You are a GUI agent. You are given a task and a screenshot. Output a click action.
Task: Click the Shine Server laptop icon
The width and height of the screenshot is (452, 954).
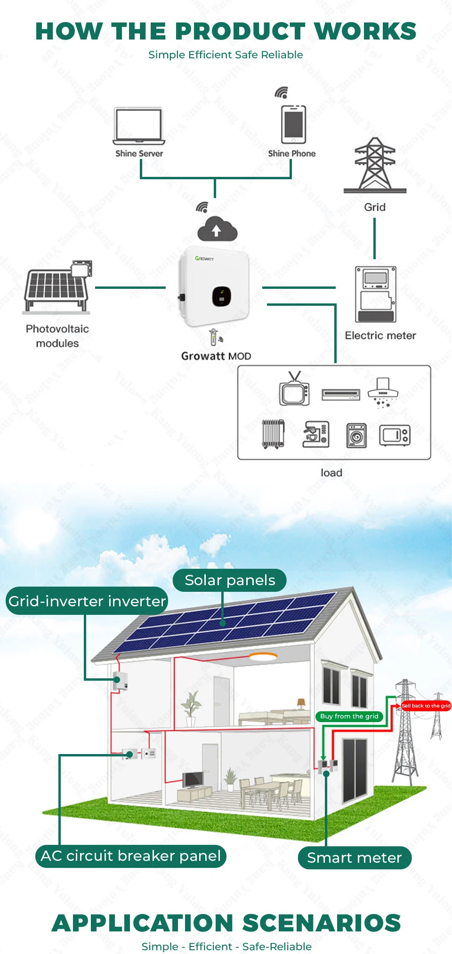point(139,126)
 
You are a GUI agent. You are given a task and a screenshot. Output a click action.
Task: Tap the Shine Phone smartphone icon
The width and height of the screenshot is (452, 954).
point(293,124)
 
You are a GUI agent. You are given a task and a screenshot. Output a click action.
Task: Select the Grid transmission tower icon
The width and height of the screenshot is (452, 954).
point(375,165)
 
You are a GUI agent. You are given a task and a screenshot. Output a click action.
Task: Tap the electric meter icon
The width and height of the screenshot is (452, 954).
point(375,294)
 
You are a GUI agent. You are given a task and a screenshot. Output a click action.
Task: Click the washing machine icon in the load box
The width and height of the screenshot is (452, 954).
point(356,435)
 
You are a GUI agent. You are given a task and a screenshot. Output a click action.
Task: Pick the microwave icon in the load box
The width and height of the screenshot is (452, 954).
point(395,435)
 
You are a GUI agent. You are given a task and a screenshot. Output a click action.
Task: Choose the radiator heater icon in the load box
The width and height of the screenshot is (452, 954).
point(273,434)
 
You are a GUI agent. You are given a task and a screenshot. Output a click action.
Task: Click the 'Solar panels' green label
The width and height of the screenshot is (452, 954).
point(230,580)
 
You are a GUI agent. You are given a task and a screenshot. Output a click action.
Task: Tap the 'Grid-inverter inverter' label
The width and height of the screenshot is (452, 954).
point(87,601)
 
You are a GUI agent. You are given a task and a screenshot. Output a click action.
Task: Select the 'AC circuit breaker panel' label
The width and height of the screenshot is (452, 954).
point(131,856)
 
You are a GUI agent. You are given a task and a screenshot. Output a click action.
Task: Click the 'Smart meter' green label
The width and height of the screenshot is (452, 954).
point(355,858)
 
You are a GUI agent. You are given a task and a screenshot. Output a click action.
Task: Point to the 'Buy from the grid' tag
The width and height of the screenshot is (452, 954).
point(349,716)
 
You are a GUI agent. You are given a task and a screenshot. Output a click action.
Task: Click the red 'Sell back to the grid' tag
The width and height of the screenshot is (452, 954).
point(426,706)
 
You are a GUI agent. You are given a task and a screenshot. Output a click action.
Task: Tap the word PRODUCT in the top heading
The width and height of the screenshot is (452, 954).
point(241,32)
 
